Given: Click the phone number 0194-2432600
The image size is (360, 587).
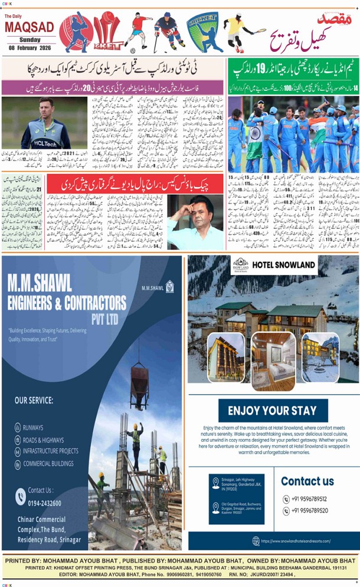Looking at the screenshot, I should coord(44,503).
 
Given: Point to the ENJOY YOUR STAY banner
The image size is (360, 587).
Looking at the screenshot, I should coord(272,411).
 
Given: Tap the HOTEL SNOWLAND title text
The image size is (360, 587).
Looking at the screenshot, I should coord(284,265).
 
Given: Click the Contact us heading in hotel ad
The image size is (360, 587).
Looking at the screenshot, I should coord(307,481).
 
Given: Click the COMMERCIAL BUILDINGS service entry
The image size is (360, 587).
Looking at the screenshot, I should coord(51,464).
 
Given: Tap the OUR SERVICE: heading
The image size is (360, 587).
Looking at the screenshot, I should coord(34,400).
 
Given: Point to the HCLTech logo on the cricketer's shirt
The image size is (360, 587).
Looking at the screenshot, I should coord(42,143).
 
